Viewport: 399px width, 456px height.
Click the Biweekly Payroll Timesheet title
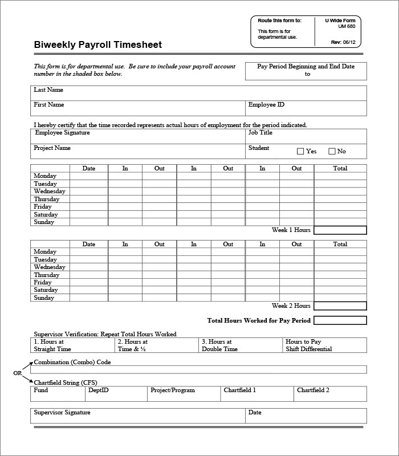pyautogui.click(x=97, y=45)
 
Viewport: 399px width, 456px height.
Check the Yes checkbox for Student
pyautogui.click(x=300, y=152)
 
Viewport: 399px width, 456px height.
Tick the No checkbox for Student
pyautogui.click(x=332, y=152)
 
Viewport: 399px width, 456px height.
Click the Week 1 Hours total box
pyautogui.click(x=340, y=230)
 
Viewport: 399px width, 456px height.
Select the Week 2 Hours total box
pyautogui.click(x=340, y=306)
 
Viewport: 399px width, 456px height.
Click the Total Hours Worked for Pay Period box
pyautogui.click(x=340, y=321)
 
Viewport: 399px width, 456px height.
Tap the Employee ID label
pyautogui.click(x=266, y=105)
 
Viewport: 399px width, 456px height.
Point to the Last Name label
pyautogui.click(x=48, y=90)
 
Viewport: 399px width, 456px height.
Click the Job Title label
pyautogui.click(x=260, y=133)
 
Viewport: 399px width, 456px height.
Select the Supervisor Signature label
pyautogui.click(x=62, y=413)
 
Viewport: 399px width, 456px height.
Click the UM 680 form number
pyautogui.click(x=347, y=26)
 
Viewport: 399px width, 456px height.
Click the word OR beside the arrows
pyautogui.click(x=18, y=373)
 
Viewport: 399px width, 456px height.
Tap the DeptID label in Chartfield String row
pyautogui.click(x=97, y=390)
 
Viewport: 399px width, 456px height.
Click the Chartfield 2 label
pyautogui.click(x=313, y=390)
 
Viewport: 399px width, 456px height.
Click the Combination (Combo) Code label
pyautogui.click(x=72, y=363)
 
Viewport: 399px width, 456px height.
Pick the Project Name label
pyautogui.click(x=52, y=148)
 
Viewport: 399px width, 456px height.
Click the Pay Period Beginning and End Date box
pyautogui.click(x=306, y=71)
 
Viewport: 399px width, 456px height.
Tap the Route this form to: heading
pyautogui.click(x=280, y=21)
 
